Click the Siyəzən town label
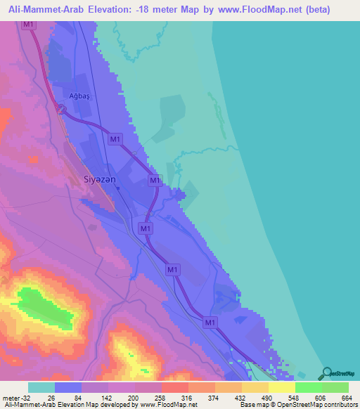96,179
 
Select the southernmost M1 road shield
210,322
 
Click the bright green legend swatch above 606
309,387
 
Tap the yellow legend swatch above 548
282,387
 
